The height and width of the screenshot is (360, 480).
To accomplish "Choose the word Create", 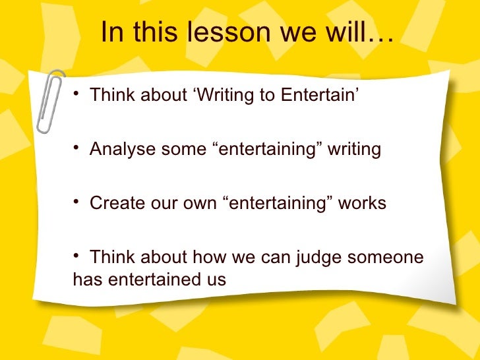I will pos(113,203).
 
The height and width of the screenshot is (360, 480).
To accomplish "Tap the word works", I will pos(362,203).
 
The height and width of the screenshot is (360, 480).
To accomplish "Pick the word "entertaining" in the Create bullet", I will pos(277,203).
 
